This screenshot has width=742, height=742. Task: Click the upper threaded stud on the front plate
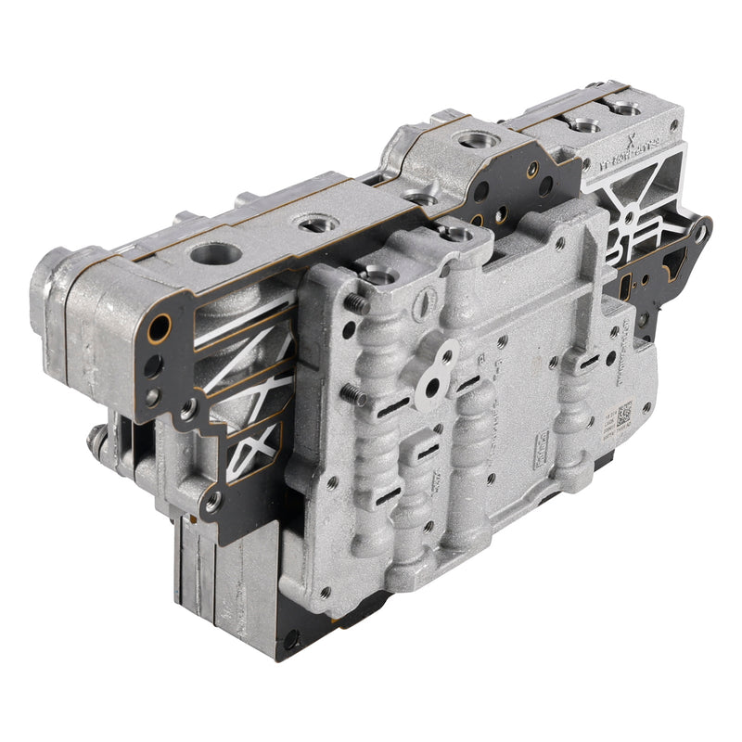coord(356,301)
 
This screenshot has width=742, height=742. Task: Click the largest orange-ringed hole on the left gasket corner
coord(160,327)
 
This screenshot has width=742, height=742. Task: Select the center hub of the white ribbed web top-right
coord(629,216)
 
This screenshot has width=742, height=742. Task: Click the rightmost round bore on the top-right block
coord(626,110)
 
